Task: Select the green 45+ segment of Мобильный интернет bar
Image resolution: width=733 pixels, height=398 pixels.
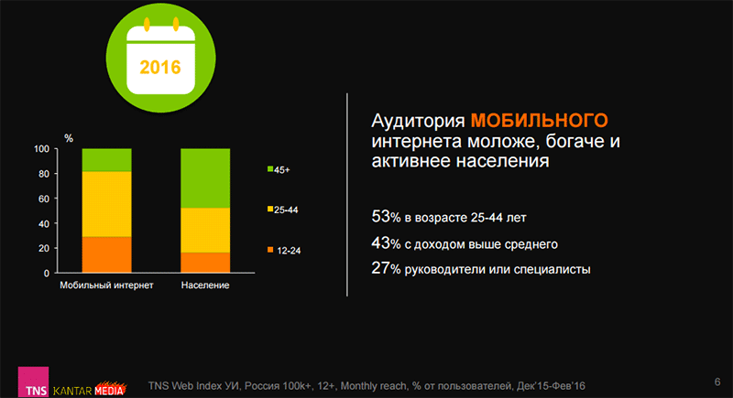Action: coord(106,159)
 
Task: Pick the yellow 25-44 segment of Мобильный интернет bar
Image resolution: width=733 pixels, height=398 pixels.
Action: coord(106,203)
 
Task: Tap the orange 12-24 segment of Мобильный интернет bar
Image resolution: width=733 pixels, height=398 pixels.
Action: coord(106,254)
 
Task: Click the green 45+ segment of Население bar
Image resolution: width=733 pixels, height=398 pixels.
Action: coord(205,177)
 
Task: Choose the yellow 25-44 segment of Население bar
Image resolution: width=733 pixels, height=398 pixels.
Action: coord(205,230)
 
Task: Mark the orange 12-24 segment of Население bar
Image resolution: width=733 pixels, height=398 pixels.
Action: coord(205,263)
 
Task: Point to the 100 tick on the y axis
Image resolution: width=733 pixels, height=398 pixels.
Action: coord(40,148)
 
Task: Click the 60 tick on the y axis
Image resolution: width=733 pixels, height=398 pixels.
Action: coord(42,199)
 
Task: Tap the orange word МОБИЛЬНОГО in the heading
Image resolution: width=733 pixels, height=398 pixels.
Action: coord(540,121)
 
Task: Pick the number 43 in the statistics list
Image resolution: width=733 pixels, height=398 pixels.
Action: coord(380,243)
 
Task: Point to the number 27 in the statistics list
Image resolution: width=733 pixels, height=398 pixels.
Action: coord(380,269)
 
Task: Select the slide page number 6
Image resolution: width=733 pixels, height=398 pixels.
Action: coord(715,381)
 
